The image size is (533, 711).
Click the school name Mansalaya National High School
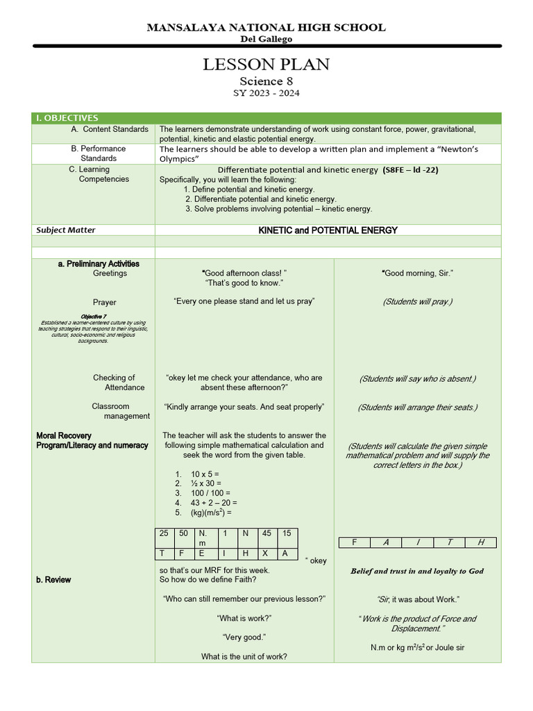coord(266,28)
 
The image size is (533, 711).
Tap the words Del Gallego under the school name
coord(266,40)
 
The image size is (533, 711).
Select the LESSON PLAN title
coord(266,65)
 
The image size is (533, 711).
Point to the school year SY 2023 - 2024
coord(266,93)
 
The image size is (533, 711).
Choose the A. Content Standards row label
coord(110,129)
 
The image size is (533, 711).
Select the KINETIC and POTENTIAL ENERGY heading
coord(328,230)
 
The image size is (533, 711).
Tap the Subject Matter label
coord(66,230)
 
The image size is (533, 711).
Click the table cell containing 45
coord(266,533)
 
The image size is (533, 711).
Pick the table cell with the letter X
coord(266,553)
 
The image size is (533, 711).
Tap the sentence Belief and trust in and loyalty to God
coord(417,571)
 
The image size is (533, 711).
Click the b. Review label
coord(53,580)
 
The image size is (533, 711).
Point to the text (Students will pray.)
coord(417,302)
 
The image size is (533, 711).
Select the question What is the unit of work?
coord(244,657)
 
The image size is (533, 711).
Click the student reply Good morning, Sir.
coord(417,274)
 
